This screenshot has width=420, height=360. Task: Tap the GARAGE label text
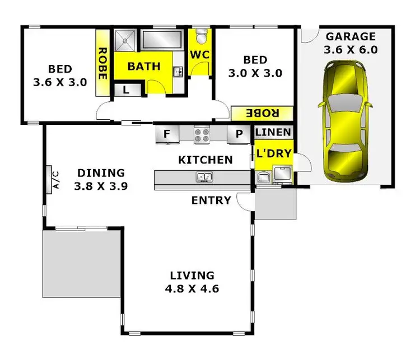tap(351, 37)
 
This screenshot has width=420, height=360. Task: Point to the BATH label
tap(144, 66)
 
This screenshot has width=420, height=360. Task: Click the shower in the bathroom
tap(126, 40)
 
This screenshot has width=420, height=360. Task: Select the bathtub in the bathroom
tap(162, 40)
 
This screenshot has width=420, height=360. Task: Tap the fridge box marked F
tap(167, 134)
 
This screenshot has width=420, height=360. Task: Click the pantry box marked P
tap(239, 134)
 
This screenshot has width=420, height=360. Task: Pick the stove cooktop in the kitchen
tap(202, 134)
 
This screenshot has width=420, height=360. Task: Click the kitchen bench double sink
tap(203, 177)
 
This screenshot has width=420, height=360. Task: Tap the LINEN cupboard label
tap(273, 133)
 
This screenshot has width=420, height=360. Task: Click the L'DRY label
tap(273, 152)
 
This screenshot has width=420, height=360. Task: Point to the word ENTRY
tap(211, 200)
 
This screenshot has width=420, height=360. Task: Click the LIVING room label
tap(192, 275)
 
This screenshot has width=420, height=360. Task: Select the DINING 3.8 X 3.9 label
tap(101, 179)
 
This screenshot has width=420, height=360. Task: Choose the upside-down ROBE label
tap(262, 113)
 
